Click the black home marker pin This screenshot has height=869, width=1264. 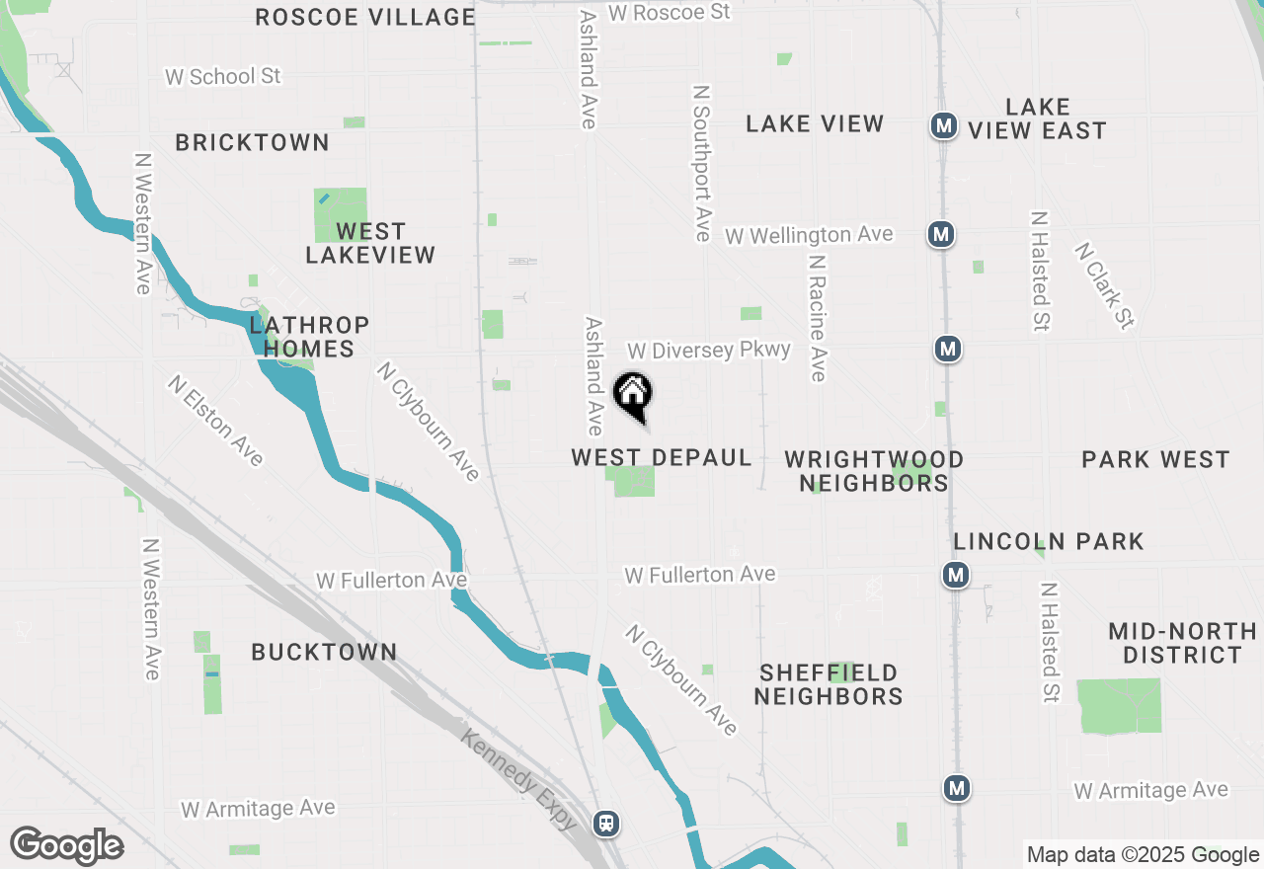click(x=633, y=396)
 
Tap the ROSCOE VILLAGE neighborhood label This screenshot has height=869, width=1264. click(x=365, y=17)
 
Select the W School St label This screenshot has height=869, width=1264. click(x=223, y=76)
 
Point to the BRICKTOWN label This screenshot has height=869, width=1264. click(x=252, y=142)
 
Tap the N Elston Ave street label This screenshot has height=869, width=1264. click(x=215, y=420)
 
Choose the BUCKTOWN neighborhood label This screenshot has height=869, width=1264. click(x=324, y=652)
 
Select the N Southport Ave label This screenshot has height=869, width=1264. click(x=702, y=163)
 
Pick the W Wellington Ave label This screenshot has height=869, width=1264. click(x=809, y=235)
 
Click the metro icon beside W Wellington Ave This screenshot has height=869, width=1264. click(x=941, y=235)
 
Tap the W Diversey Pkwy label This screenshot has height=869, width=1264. click(x=709, y=351)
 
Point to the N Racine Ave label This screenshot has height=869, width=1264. click(x=817, y=319)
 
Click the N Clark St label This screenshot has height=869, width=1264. click(x=1105, y=285)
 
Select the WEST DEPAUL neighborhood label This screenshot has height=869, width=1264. click(x=662, y=458)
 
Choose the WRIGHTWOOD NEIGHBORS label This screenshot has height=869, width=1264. click(x=874, y=471)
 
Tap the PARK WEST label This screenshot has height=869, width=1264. click(x=1155, y=459)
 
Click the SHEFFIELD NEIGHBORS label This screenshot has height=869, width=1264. click(x=829, y=684)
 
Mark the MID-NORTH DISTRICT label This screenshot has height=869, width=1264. click(x=1182, y=643)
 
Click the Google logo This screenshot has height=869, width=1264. click(x=66, y=846)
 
